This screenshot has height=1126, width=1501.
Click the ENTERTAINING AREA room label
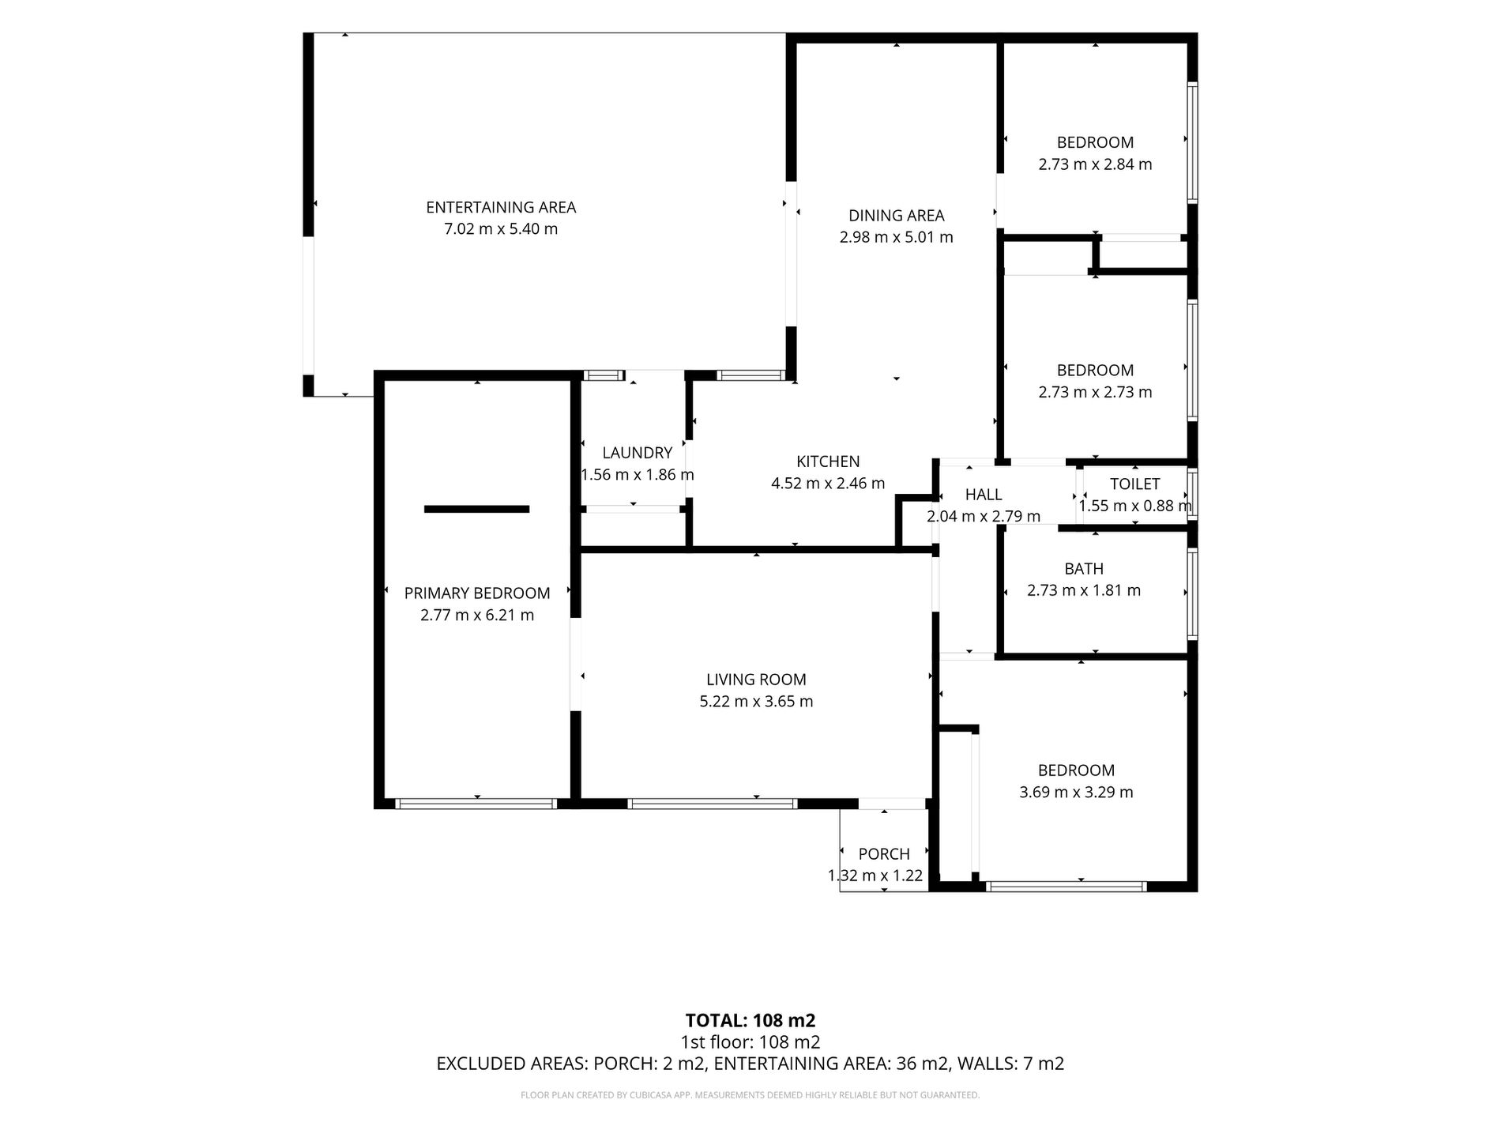pyautogui.click(x=501, y=208)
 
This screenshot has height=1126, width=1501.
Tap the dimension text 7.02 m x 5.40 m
pyautogui.click(x=501, y=229)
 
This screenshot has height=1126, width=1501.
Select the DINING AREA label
pyautogui.click(x=896, y=216)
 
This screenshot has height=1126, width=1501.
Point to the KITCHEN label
pyautogui.click(x=828, y=461)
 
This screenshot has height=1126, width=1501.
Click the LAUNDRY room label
pyautogui.click(x=637, y=453)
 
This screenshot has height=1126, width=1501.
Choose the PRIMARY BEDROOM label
pyautogui.click(x=477, y=593)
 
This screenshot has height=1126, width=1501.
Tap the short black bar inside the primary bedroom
pyautogui.click(x=476, y=509)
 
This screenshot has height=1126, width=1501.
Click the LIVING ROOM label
pyautogui.click(x=756, y=680)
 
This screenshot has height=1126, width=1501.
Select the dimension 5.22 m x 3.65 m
pyautogui.click(x=756, y=701)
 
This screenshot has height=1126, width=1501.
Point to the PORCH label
pyautogui.click(x=884, y=854)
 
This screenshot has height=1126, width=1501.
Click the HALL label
pyautogui.click(x=984, y=495)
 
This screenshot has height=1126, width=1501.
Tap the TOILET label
pyautogui.click(x=1134, y=484)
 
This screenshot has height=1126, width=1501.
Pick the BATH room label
pyautogui.click(x=1084, y=569)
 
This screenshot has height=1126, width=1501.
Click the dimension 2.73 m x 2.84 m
pyautogui.click(x=1095, y=164)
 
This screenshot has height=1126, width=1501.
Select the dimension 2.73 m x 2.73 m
pyautogui.click(x=1095, y=392)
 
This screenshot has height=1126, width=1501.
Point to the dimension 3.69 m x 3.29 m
pyautogui.click(x=1076, y=792)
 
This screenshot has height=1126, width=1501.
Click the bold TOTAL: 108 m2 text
pyautogui.click(x=750, y=1020)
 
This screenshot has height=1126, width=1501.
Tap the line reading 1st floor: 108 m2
pyautogui.click(x=750, y=1042)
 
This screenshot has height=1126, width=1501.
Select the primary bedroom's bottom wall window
pyautogui.click(x=476, y=804)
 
